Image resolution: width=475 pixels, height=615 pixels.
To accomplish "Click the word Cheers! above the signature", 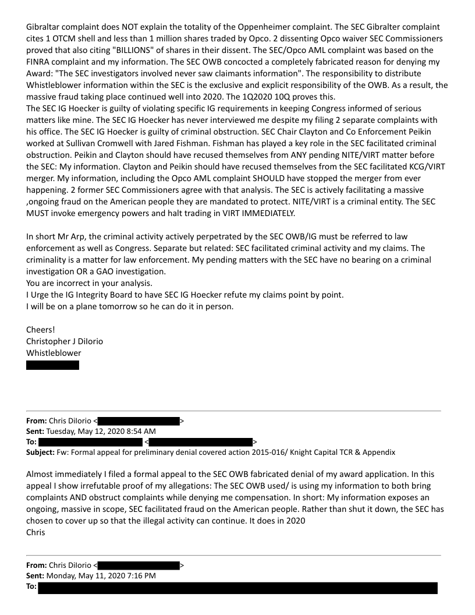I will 41,330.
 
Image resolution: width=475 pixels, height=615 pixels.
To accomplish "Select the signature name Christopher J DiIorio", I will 65,341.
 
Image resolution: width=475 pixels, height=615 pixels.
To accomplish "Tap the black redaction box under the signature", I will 52,365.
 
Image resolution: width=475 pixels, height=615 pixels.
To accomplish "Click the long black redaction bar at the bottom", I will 238,588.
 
